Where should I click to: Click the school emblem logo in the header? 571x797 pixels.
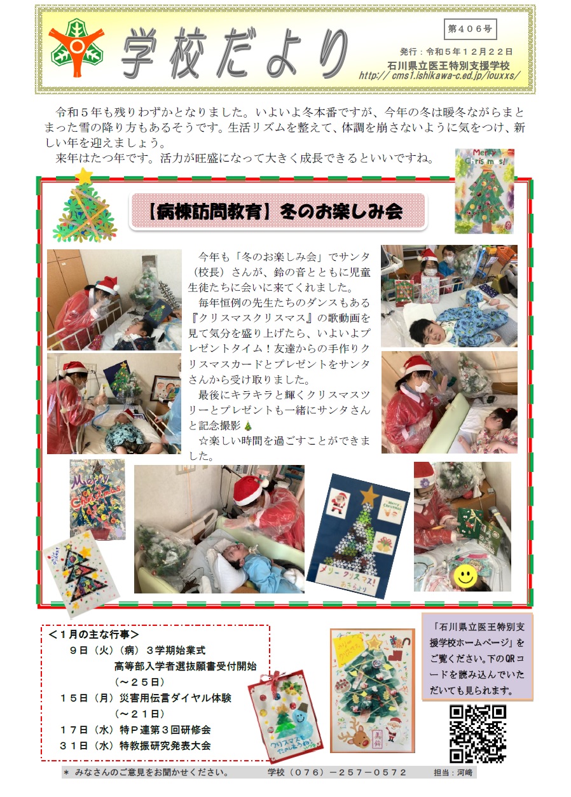click(x=77, y=48)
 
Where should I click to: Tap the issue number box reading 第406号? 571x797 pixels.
click(x=470, y=29)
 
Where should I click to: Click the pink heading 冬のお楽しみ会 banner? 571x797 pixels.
click(x=278, y=212)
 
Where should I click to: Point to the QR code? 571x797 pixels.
click(x=478, y=733)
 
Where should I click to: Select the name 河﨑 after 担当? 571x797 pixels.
click(x=464, y=772)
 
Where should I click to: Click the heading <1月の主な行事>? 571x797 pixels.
click(x=93, y=634)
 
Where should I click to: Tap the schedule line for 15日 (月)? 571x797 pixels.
click(x=146, y=698)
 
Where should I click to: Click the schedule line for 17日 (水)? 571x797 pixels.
click(x=135, y=730)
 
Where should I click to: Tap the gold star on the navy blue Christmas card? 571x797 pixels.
click(x=370, y=494)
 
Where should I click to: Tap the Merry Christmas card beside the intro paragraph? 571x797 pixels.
click(x=485, y=191)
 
